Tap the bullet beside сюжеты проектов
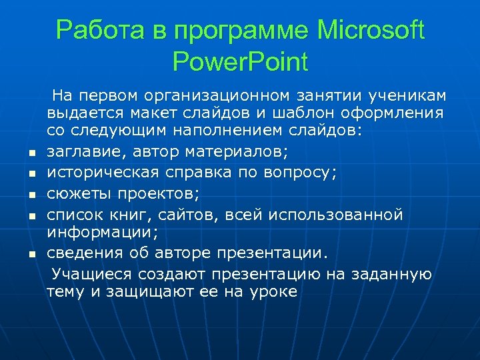click(31, 197)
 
